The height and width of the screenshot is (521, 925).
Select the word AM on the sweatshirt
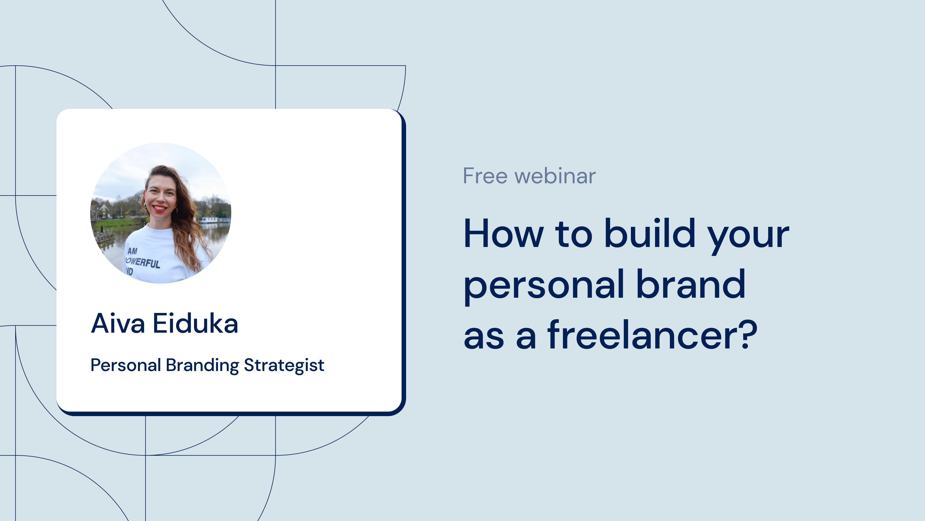pos(133,251)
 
